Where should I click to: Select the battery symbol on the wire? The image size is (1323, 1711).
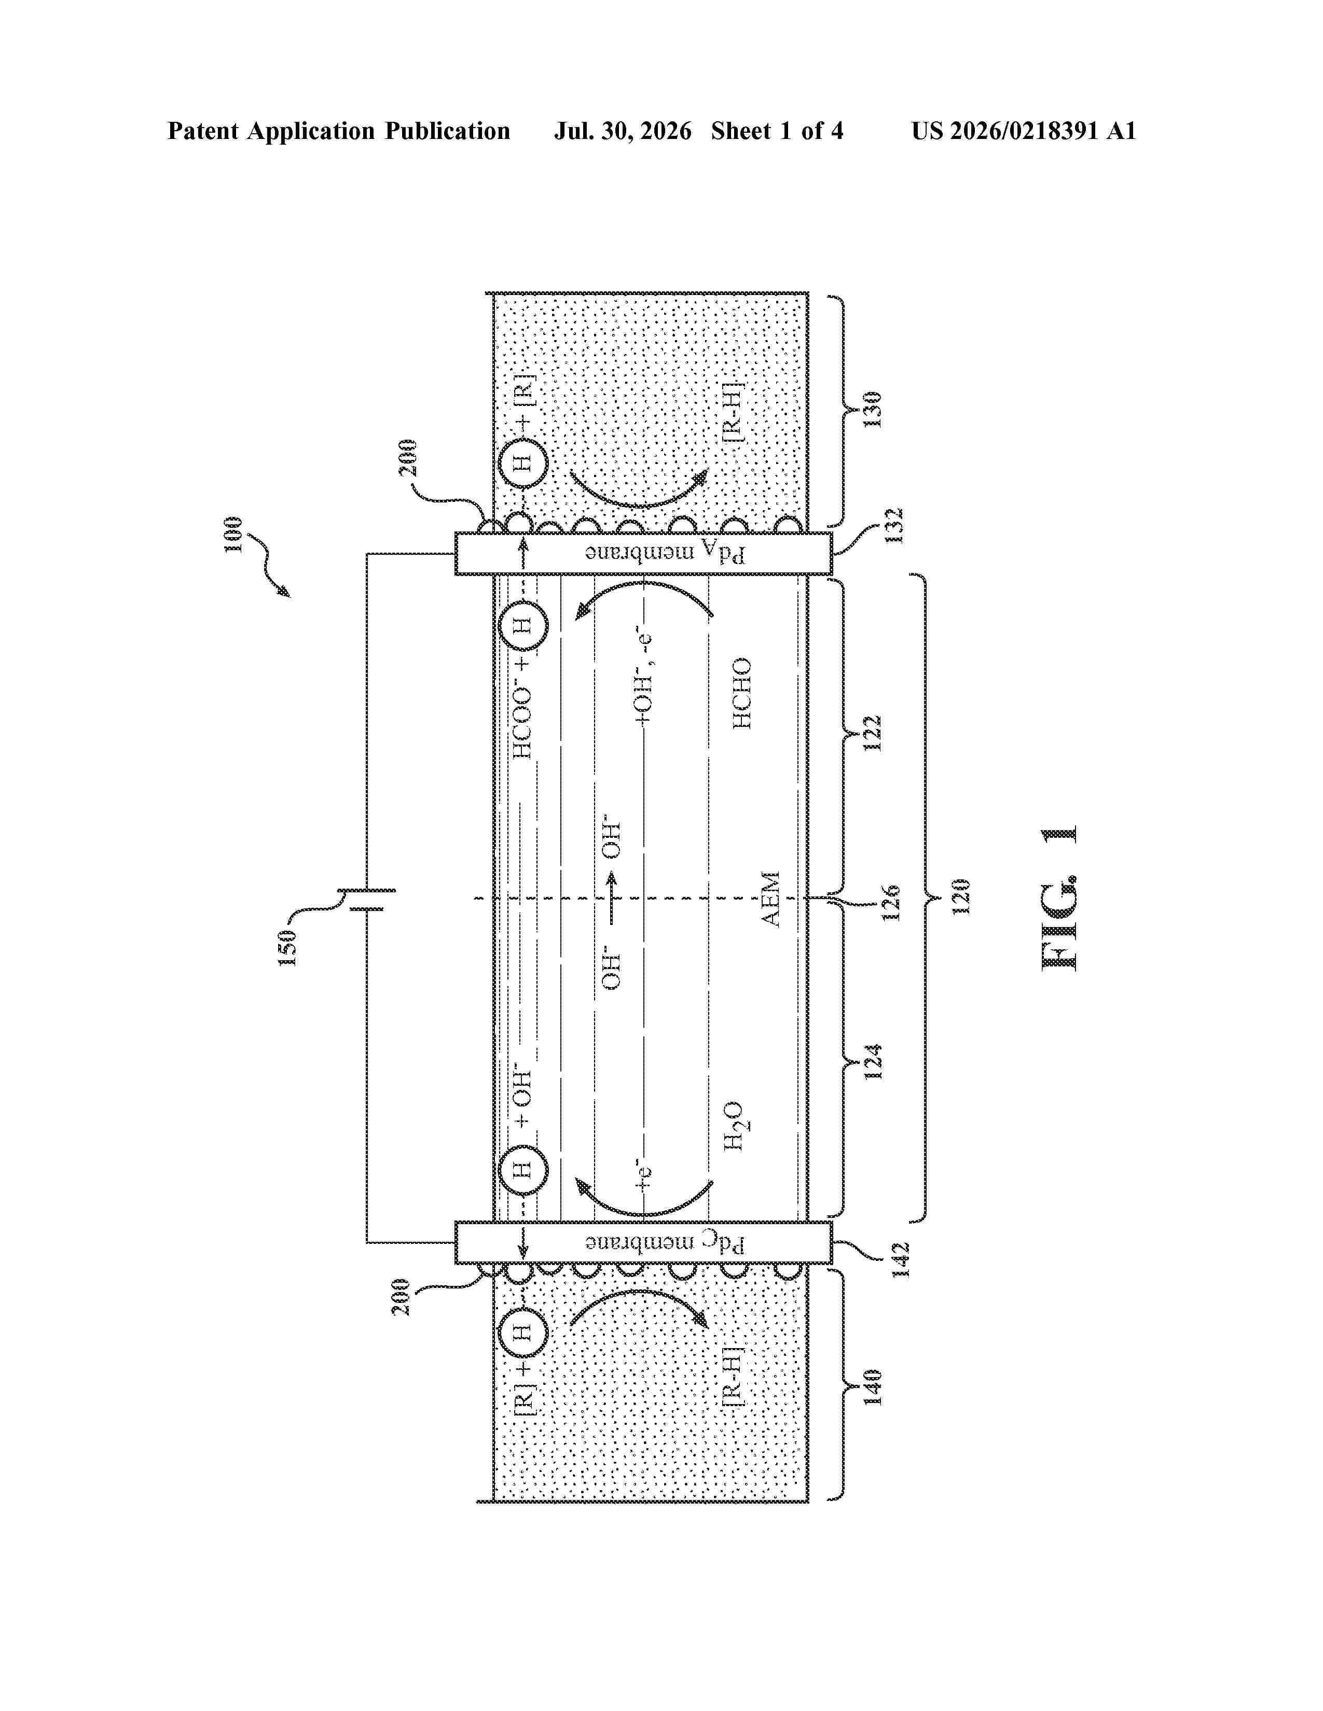366,900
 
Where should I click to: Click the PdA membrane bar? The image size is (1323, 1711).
643,553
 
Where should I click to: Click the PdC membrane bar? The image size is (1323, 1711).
643,1242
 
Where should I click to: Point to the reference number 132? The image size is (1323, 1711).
895,526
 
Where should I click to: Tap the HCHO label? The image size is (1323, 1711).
741,693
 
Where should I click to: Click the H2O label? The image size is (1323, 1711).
734,1126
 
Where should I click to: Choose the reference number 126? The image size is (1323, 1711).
891,903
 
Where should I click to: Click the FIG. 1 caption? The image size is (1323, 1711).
1059,898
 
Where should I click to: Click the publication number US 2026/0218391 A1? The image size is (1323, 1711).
1024,131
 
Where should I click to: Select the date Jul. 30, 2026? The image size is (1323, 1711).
623,131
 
